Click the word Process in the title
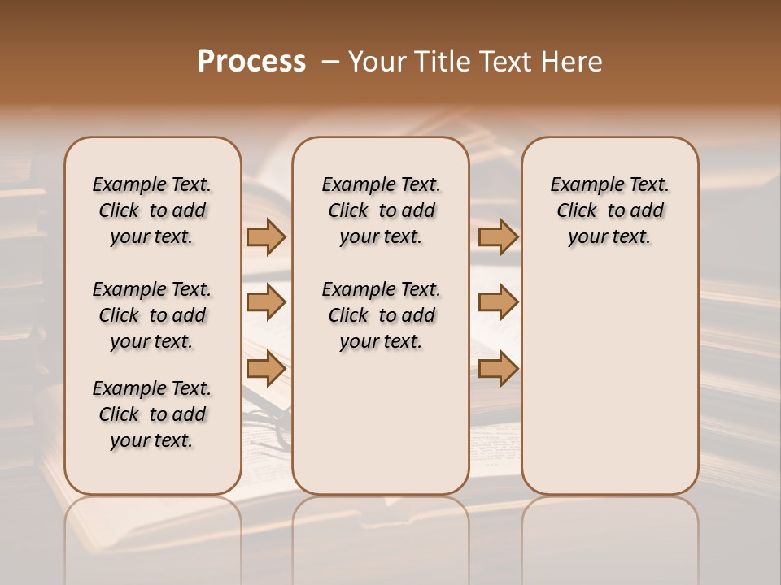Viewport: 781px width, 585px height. [251, 62]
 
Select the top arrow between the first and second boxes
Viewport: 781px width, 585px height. [266, 236]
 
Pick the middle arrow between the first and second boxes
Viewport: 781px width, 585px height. [266, 302]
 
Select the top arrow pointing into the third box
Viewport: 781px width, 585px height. [498, 236]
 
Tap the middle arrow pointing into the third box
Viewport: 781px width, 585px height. [498, 302]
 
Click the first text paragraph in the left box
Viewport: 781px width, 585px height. [152, 210]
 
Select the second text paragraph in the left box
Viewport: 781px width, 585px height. [152, 315]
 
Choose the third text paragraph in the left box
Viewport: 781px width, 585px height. [152, 414]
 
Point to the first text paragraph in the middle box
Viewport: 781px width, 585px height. [381, 210]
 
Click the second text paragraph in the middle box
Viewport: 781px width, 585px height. [381, 315]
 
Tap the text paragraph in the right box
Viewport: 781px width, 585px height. [609, 210]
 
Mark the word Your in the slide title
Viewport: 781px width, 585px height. [377, 62]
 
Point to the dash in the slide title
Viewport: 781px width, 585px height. [330, 62]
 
